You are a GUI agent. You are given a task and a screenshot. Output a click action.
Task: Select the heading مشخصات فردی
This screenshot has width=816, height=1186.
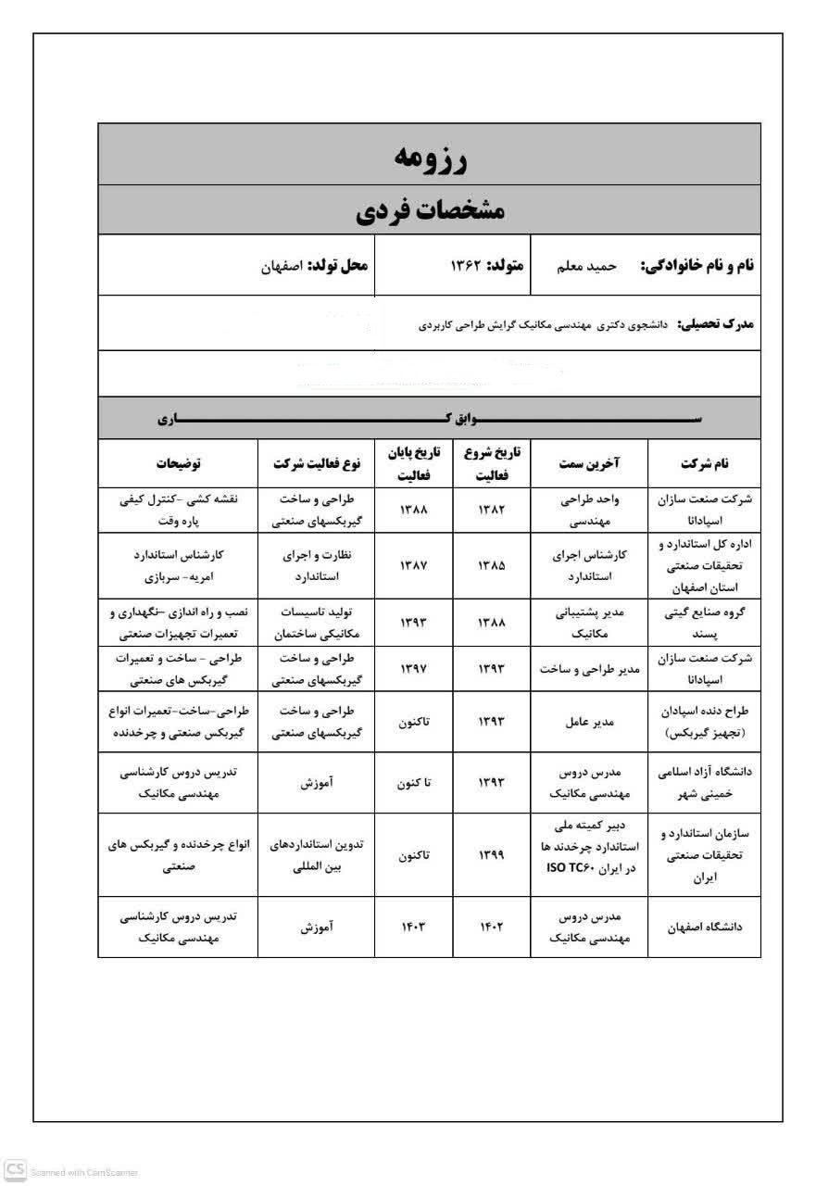(x=430, y=210)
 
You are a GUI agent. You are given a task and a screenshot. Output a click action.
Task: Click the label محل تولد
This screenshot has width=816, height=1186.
(x=338, y=266)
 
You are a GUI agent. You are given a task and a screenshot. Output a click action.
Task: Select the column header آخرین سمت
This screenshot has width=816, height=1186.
(x=590, y=463)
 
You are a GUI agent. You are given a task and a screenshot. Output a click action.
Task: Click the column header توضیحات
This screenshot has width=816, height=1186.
(x=177, y=463)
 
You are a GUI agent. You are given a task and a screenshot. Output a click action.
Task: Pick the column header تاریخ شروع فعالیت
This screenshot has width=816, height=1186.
(x=491, y=463)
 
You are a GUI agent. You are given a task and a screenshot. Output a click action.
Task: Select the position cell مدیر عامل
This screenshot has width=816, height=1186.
(x=590, y=721)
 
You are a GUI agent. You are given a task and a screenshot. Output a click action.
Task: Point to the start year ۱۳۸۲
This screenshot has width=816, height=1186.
(x=491, y=510)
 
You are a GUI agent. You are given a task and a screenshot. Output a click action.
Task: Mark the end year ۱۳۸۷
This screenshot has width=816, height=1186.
(x=414, y=564)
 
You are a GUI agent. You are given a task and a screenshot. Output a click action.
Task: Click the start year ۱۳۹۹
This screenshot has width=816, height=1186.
(x=491, y=855)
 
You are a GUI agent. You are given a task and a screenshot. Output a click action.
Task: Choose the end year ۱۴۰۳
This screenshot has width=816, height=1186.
(x=414, y=927)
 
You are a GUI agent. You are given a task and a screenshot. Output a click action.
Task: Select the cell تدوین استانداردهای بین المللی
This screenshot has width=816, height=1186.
(x=316, y=855)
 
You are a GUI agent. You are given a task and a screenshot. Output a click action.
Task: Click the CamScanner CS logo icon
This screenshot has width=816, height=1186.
(x=14, y=1170)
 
